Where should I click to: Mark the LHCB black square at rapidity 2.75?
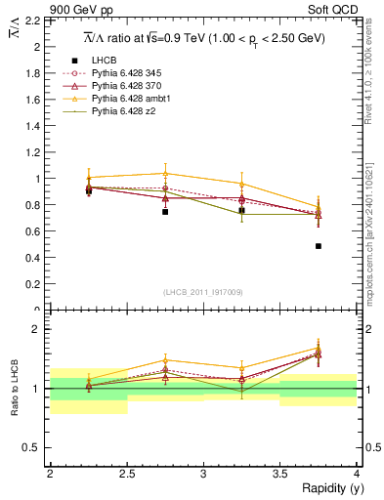pos(165,211)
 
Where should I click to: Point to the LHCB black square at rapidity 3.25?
pos(241,210)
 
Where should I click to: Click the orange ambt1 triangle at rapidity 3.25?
pos(241,184)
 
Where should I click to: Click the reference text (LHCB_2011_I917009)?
pos(202,291)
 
